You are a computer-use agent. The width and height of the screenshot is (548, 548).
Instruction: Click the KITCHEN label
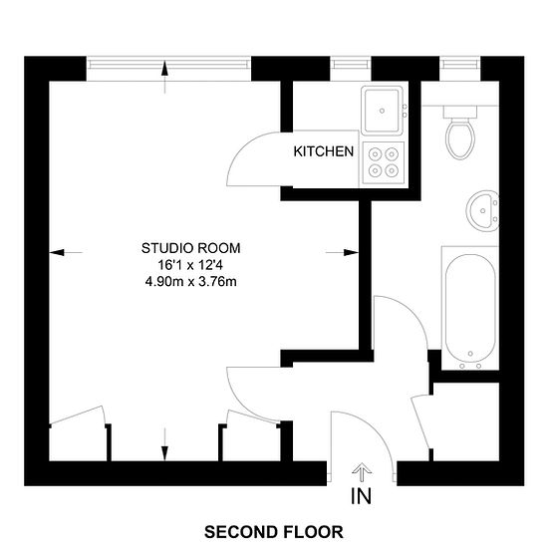[x=323, y=151]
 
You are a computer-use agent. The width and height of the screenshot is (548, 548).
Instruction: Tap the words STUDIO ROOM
[x=191, y=248]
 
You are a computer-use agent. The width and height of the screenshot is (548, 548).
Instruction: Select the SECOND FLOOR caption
[x=274, y=532]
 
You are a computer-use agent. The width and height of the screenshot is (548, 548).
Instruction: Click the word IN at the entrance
[x=361, y=496]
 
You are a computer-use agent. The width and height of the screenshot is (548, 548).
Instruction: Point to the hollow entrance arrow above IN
[x=362, y=472]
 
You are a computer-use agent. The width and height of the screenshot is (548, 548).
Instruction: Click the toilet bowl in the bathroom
[x=460, y=138]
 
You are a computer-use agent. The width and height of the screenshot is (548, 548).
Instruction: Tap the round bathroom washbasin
[x=482, y=211]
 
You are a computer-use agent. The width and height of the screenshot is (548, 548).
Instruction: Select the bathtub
[x=470, y=308]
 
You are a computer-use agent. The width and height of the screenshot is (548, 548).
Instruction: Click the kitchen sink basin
[x=382, y=111]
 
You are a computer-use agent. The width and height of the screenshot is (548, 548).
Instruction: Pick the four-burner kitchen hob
[x=384, y=162]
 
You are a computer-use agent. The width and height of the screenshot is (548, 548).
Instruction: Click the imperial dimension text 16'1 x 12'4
[x=190, y=265]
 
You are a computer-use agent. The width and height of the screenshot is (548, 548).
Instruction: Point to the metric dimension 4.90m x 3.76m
[x=191, y=281]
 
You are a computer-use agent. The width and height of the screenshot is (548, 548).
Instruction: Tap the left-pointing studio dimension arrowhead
[x=57, y=252]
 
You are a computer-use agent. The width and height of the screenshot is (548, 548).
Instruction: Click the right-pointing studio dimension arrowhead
[x=351, y=252]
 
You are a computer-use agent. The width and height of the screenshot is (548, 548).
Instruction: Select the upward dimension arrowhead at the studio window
[x=165, y=69]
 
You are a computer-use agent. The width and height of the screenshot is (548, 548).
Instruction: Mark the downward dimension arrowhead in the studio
[x=165, y=453]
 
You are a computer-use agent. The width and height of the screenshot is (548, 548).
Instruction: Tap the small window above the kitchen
[x=351, y=65]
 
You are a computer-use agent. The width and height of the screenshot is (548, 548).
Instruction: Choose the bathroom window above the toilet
[x=460, y=65]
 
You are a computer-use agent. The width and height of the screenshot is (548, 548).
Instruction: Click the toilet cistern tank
[x=460, y=112]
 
